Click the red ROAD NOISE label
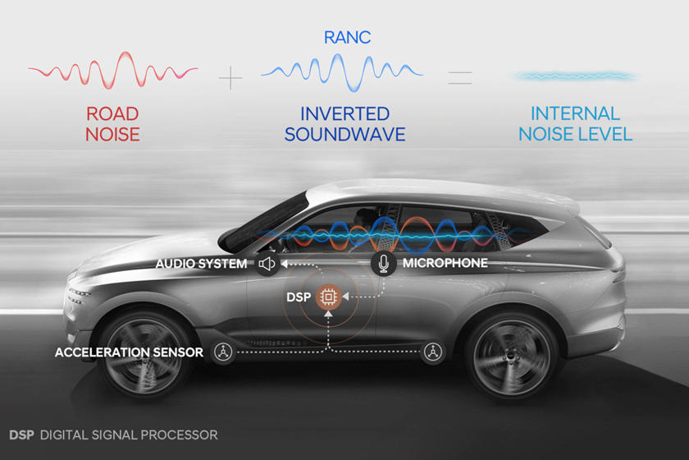point(112,123)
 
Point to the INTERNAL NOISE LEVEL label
point(575,123)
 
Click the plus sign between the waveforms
point(231,79)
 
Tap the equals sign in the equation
point(460,79)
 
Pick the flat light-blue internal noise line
point(575,76)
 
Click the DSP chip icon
point(328,297)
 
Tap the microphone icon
point(383,264)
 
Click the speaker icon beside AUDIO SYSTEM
point(266,264)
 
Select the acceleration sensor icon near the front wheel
point(221,352)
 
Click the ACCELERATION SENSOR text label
point(130,352)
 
